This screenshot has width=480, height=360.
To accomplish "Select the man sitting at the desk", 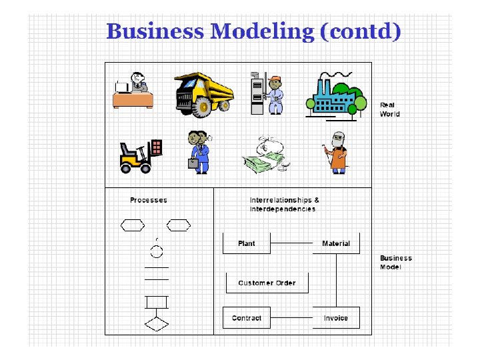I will pos(134,89).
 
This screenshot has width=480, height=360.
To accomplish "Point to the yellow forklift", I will pos(139,157).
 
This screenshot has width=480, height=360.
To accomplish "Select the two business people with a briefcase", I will pos(199,152).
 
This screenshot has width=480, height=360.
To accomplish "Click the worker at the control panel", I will pos(267,93).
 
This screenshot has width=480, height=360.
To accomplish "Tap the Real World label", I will pos(389,109).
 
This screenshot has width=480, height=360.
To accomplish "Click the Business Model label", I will pos(395,262).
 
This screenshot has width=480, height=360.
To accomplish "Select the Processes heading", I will pos(148,200).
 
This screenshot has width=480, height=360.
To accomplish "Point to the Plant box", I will pos(246,243).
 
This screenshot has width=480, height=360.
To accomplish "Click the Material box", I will pos(336,243).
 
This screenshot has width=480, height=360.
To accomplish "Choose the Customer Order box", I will pos(267,283).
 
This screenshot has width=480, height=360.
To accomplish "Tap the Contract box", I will pos(246,318).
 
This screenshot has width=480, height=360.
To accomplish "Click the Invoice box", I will pos(336,318).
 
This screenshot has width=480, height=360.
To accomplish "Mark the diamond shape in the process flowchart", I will pos(157,325).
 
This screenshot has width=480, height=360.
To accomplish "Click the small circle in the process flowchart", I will pos(157,251).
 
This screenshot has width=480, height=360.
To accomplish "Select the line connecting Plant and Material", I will pos(291,243).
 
